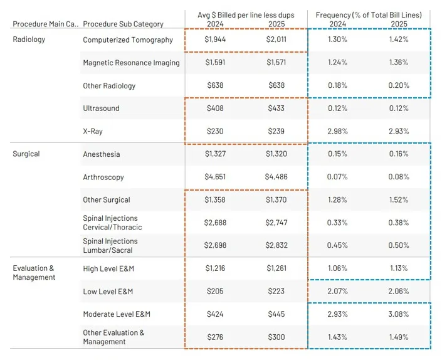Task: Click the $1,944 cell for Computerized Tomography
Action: [215, 40]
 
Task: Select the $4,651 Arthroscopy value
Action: [215, 177]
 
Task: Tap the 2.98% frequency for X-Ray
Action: [337, 131]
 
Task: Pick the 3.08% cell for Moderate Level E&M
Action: [397, 314]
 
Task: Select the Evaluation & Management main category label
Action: [34, 273]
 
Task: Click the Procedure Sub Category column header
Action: [123, 24]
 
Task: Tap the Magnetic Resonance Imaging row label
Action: [131, 63]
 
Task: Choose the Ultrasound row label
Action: [101, 109]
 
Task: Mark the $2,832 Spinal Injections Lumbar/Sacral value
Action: [275, 246]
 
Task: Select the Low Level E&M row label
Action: [108, 292]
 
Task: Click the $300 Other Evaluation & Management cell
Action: [275, 337]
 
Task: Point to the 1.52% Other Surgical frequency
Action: [397, 200]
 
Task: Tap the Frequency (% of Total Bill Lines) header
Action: [369, 14]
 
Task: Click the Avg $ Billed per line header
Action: [245, 14]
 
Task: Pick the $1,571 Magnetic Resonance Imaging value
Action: [275, 63]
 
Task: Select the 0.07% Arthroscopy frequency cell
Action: [337, 177]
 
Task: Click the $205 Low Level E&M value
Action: [215, 292]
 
